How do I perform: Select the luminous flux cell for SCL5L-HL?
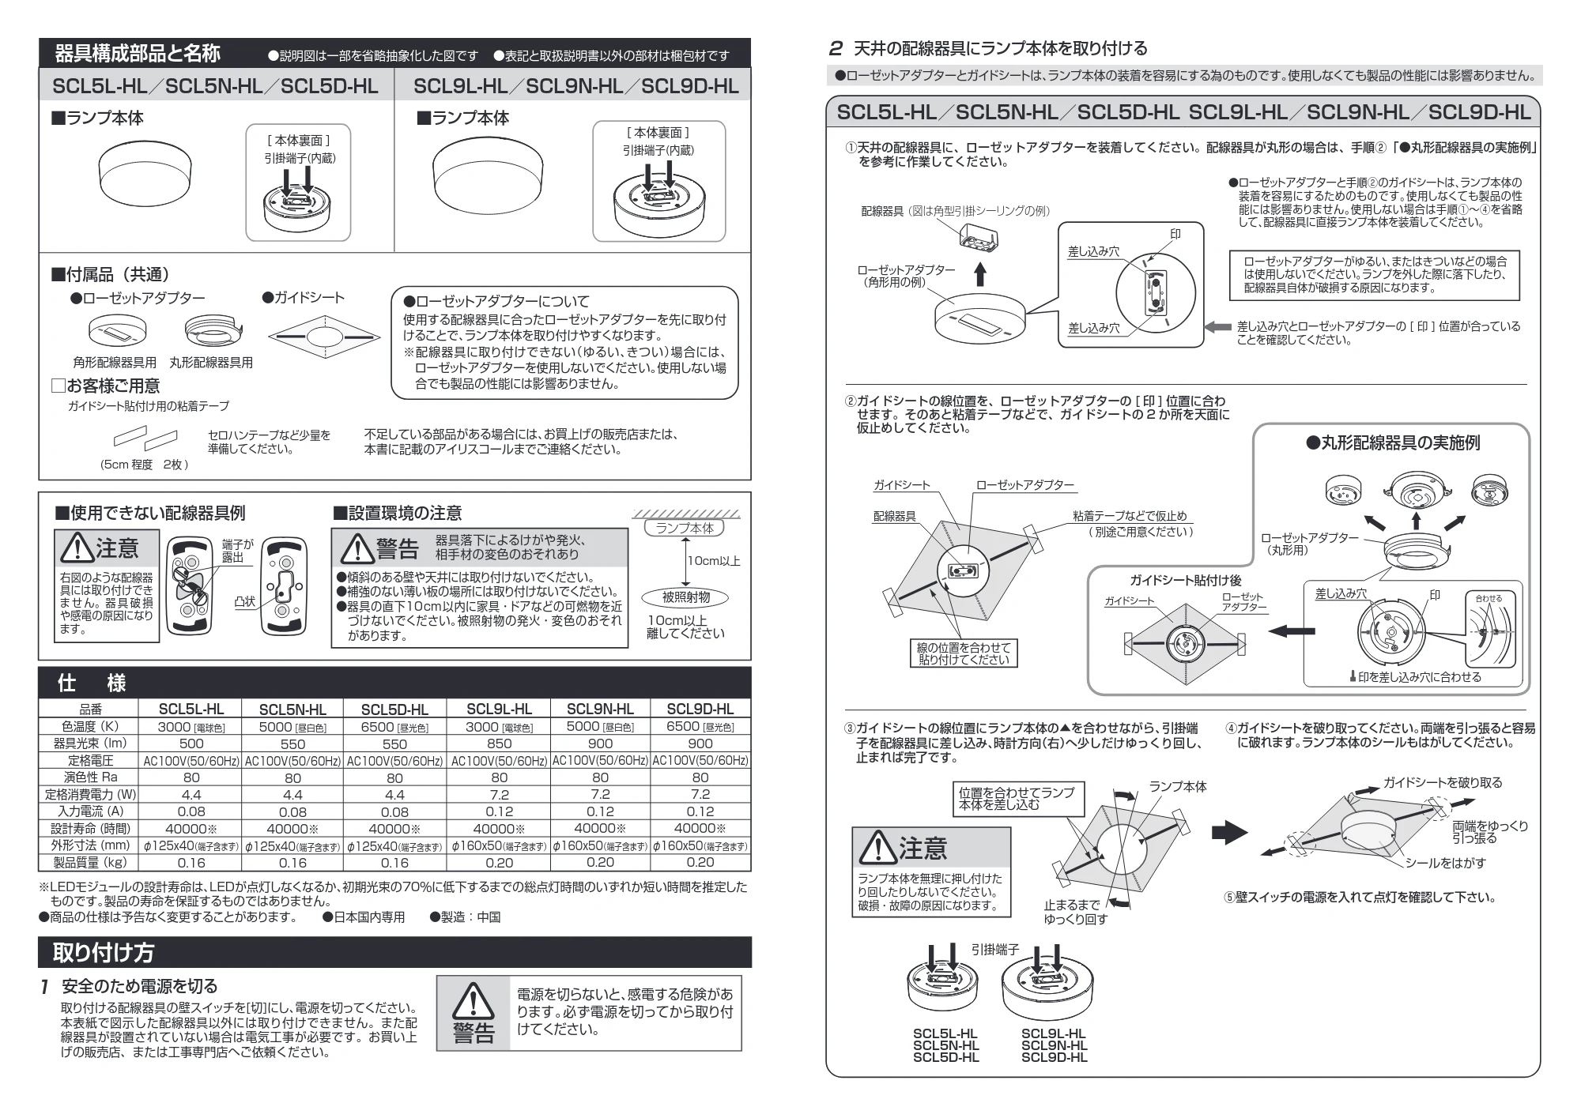pos(191,743)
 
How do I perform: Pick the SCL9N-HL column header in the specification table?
pos(600,709)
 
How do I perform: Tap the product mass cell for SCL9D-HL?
pos(700,862)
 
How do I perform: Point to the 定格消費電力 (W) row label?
pos(90,794)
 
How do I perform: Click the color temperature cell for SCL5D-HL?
pos(394,727)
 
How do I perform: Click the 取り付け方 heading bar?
pos(394,952)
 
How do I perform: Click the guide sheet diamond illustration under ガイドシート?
pos(319,338)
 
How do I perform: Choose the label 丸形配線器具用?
pos(211,363)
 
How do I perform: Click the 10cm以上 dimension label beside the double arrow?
pos(714,561)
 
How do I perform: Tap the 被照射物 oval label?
pos(685,597)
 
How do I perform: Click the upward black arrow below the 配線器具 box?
pos(980,273)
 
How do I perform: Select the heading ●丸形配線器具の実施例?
pos(1393,443)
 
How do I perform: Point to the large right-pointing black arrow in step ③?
pos(1230,831)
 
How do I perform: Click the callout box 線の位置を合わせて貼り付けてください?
pos(964,653)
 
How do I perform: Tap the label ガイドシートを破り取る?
pos(1443,782)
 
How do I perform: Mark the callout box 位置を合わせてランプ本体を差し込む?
pos(1017,799)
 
